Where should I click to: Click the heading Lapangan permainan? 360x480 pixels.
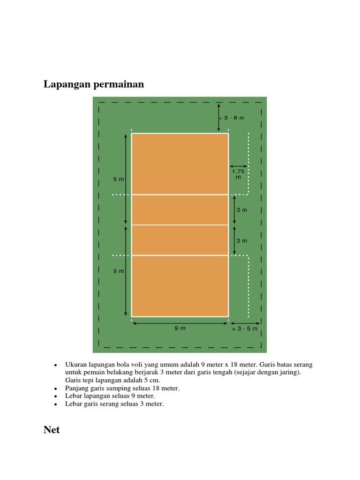pos(94,84)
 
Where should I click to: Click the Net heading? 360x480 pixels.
pos(52,430)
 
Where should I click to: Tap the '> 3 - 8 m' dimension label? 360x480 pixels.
pos(233,118)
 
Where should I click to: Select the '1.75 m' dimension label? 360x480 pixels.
pos(239,174)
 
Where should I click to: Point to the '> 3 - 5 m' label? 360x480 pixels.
pos(244,329)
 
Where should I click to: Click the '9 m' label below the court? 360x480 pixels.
pos(180,328)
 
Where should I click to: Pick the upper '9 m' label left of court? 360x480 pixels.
pos(119,179)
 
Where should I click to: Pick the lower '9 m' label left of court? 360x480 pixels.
pos(119,271)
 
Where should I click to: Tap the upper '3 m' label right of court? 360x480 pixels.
pos(241,210)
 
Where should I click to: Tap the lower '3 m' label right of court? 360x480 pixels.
pos(241,240)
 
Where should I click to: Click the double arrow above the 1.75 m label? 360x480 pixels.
pos(239,166)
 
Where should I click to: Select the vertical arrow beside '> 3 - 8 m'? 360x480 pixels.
pos(219,117)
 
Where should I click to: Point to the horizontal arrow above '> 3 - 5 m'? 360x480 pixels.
pos(245,323)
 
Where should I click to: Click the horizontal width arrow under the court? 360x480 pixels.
pos(180,322)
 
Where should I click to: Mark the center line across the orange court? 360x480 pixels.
pos(180,225)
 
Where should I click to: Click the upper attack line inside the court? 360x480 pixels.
pos(180,195)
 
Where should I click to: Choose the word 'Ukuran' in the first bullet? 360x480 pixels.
pos(75,364)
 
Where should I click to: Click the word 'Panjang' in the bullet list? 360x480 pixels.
pos(76,388)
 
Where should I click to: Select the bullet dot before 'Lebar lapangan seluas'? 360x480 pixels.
pos(55,396)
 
